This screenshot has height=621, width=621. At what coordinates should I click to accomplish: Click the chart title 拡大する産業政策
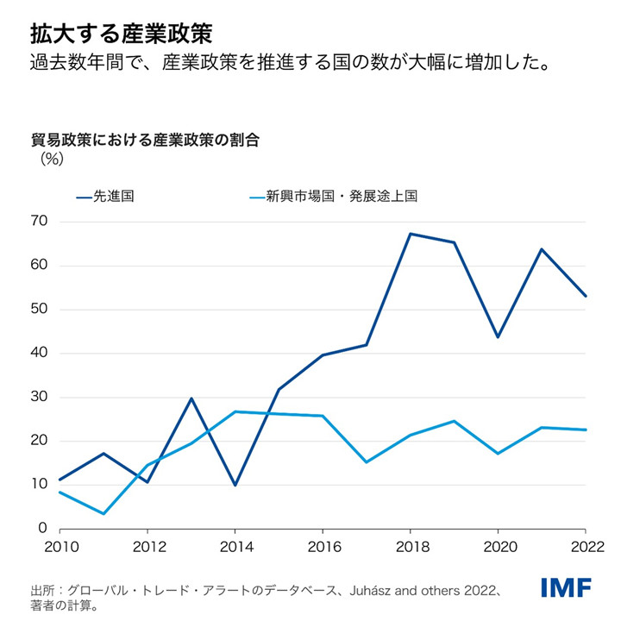click(121, 34)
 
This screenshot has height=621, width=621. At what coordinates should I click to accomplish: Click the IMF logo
click(566, 588)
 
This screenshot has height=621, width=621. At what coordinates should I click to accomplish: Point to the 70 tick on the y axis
click(39, 223)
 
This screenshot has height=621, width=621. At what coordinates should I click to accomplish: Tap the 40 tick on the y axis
click(39, 354)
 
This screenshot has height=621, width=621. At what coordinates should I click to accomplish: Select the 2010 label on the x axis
click(59, 546)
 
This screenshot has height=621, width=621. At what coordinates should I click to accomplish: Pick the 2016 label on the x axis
click(322, 546)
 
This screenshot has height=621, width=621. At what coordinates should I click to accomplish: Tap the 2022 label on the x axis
click(585, 546)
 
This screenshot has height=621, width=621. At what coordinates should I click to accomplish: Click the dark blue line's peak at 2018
click(410, 234)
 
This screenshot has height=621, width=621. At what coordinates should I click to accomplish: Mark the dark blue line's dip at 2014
click(235, 485)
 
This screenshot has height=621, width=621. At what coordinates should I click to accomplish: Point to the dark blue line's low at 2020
click(498, 337)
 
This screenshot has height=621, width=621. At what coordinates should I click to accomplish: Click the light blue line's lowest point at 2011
click(103, 514)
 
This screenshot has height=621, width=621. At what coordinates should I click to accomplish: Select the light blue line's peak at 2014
click(235, 411)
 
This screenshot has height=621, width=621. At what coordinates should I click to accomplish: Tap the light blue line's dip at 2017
click(366, 462)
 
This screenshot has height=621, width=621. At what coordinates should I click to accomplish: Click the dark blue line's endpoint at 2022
click(586, 296)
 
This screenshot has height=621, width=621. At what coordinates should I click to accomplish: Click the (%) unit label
click(52, 158)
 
